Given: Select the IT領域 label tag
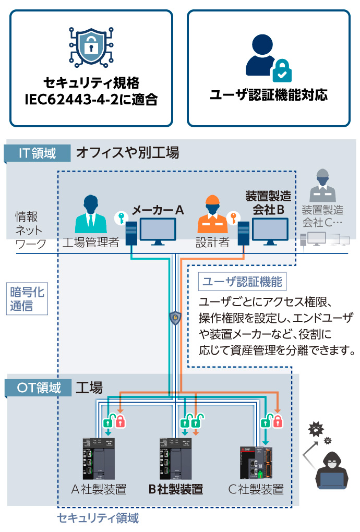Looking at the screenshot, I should click(x=37, y=153).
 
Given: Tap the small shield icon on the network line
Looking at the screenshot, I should click(x=175, y=317).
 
